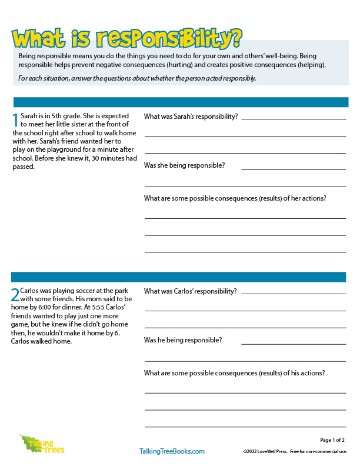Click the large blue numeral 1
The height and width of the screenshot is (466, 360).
(x=16, y=120)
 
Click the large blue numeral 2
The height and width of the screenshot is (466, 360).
(x=15, y=295)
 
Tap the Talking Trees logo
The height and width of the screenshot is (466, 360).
(x=42, y=444)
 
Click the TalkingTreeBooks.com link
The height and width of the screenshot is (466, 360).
(x=172, y=451)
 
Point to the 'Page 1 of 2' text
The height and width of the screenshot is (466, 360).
(x=332, y=440)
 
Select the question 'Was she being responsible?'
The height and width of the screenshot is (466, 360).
(x=184, y=165)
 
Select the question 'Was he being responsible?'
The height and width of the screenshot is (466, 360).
(x=183, y=340)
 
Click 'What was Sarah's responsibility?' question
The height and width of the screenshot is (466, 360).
(x=191, y=116)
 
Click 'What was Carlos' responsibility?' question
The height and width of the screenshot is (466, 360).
(x=190, y=291)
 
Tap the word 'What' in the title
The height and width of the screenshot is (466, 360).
(x=41, y=38)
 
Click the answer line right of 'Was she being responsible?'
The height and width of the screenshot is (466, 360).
(x=294, y=169)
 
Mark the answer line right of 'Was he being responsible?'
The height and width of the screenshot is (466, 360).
(x=294, y=344)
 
